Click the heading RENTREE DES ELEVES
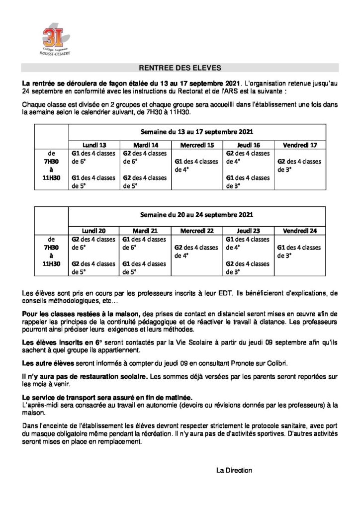coord(180,68)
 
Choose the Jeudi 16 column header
coord(249,144)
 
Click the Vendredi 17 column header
coord(300,144)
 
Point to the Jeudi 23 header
coord(249,231)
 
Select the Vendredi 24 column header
coord(300,231)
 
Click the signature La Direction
coord(234,470)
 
